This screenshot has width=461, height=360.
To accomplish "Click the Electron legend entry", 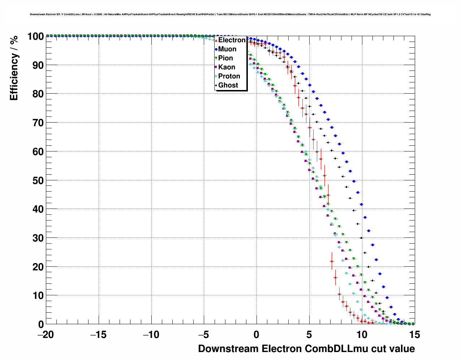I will [x=232, y=40].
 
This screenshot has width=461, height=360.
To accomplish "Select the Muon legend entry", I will [x=227, y=49].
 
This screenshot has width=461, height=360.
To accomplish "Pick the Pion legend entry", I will [x=225, y=58].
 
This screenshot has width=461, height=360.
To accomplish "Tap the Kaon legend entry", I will [x=227, y=67].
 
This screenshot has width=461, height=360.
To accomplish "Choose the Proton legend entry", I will [x=229, y=76].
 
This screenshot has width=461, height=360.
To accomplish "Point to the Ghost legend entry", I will [x=228, y=85].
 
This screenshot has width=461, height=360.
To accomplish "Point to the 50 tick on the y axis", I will [x=38, y=180].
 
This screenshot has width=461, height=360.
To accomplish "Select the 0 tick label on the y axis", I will [x=41, y=324].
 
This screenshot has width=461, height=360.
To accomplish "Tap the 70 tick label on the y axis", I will [x=38, y=123].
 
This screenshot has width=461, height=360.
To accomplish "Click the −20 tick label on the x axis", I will [x=46, y=335].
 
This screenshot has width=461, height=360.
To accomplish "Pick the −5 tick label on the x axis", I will [x=204, y=335].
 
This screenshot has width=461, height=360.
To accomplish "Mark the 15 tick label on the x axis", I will [x=415, y=335].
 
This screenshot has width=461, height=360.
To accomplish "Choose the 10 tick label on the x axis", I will [x=362, y=335].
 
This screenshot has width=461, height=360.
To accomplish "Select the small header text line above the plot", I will [x=230, y=14].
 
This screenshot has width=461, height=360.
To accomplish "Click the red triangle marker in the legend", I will [x=216, y=40].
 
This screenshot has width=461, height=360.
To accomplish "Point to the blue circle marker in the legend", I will [x=216, y=49].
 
